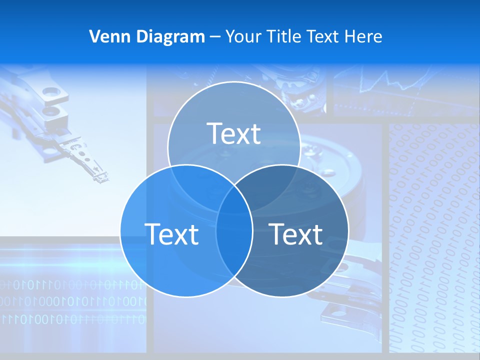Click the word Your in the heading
click(244, 36)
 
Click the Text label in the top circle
click(234, 133)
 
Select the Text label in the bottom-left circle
click(171, 234)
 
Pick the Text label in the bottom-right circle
click(296, 234)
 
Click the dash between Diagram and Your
click(215, 36)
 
